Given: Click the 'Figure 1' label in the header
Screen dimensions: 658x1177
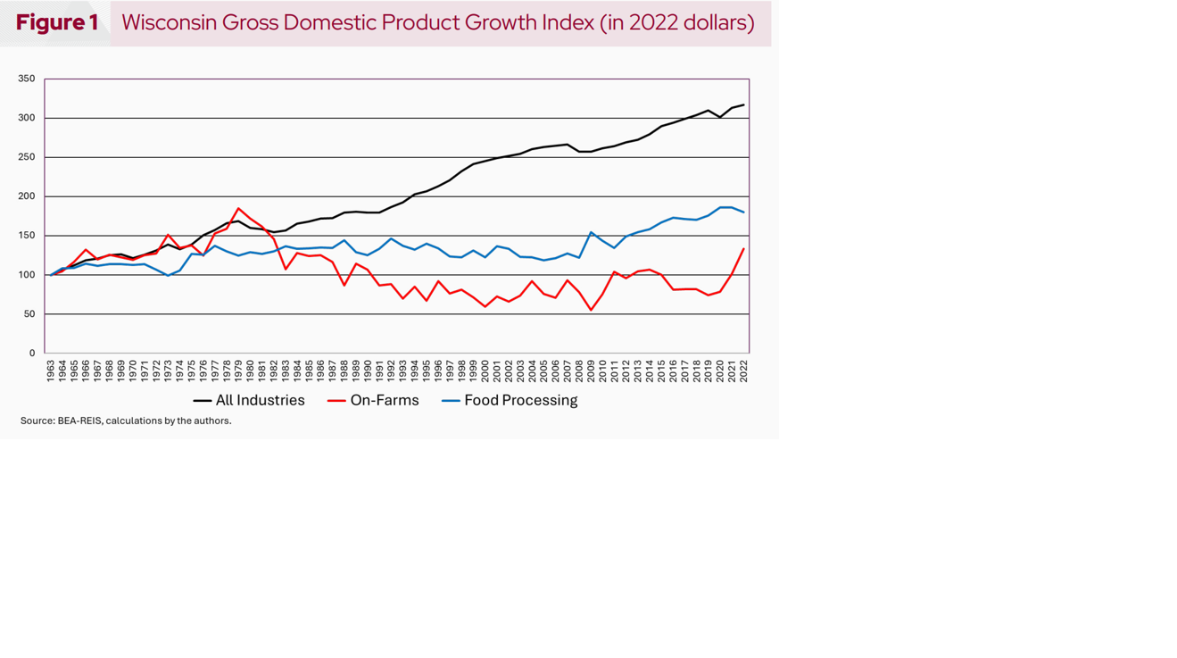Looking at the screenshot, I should click(x=57, y=23).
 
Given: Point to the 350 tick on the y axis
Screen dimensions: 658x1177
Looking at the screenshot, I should click(x=27, y=79).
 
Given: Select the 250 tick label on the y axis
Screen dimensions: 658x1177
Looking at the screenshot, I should click(x=27, y=157).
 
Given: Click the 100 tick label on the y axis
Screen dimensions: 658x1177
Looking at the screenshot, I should click(x=27, y=275).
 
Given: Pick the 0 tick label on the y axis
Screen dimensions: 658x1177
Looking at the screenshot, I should click(x=31, y=354).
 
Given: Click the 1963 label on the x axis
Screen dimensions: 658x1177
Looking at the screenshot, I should click(x=51, y=371).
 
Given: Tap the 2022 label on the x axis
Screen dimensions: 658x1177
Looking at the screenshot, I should click(x=743, y=371).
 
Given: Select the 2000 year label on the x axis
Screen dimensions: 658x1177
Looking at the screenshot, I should click(x=485, y=371).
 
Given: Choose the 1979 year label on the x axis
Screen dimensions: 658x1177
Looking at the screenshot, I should click(x=238, y=371).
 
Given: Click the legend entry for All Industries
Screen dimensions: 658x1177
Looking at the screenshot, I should click(x=250, y=401).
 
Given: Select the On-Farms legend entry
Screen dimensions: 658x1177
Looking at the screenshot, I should click(x=374, y=401).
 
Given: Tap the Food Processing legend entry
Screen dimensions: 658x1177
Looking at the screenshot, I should click(x=510, y=401).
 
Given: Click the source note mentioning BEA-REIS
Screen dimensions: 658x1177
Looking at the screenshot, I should click(x=126, y=421).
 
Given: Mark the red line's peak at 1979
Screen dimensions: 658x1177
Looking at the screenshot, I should click(x=238, y=208).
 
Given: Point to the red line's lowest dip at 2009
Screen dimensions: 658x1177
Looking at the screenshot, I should click(x=591, y=310).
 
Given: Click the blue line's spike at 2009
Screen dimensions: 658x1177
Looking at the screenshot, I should click(x=591, y=232).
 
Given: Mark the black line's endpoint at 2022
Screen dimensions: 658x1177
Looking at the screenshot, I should click(x=743, y=104).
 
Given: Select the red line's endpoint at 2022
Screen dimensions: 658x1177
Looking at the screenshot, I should click(x=743, y=249).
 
